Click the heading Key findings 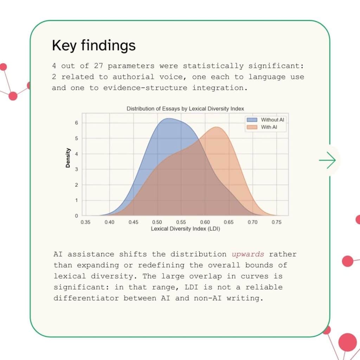[x=94, y=46]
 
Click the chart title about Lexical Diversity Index [x=185, y=109]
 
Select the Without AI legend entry [x=266, y=120]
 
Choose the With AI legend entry [x=266, y=127]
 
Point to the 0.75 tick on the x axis [x=277, y=222]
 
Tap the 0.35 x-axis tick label [x=85, y=222]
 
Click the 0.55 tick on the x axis [x=181, y=222]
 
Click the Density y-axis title [x=68, y=157]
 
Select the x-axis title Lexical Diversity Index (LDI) [x=185, y=229]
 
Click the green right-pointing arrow [x=327, y=160]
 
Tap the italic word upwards [x=248, y=254]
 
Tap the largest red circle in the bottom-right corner [x=347, y=342]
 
